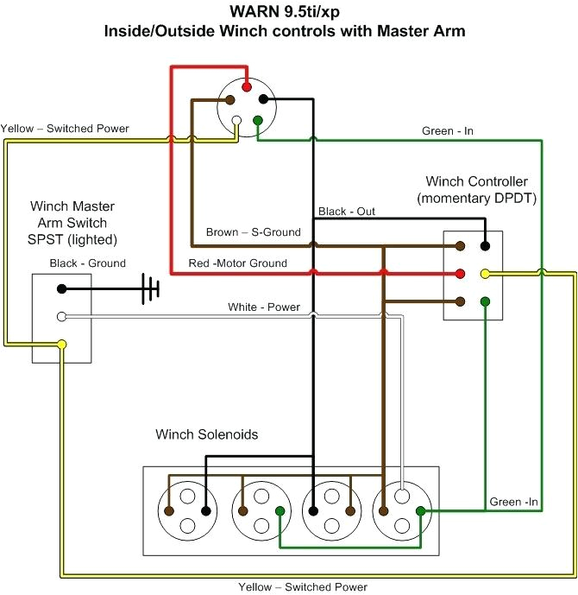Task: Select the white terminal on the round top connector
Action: pyautogui.click(x=236, y=119)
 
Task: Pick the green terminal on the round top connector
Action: pyautogui.click(x=257, y=119)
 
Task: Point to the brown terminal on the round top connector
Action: pyautogui.click(x=232, y=100)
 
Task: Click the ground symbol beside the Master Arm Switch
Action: pyautogui.click(x=152, y=288)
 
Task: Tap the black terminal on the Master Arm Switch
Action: pyautogui.click(x=61, y=288)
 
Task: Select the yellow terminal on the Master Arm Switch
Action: pyautogui.click(x=61, y=345)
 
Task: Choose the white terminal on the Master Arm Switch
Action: pyautogui.click(x=61, y=317)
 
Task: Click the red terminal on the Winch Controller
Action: pyautogui.click(x=461, y=274)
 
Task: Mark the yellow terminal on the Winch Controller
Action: pyautogui.click(x=486, y=274)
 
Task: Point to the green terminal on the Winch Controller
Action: pyautogui.click(x=486, y=301)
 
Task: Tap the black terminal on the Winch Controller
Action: pyautogui.click(x=486, y=246)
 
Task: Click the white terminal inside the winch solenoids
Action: pyautogui.click(x=402, y=497)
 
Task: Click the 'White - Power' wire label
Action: pyautogui.click(x=264, y=307)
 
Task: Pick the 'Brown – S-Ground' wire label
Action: pyautogui.click(x=253, y=232)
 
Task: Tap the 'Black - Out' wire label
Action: pyautogui.click(x=347, y=212)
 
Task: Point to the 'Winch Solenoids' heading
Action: pyautogui.click(x=206, y=434)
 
